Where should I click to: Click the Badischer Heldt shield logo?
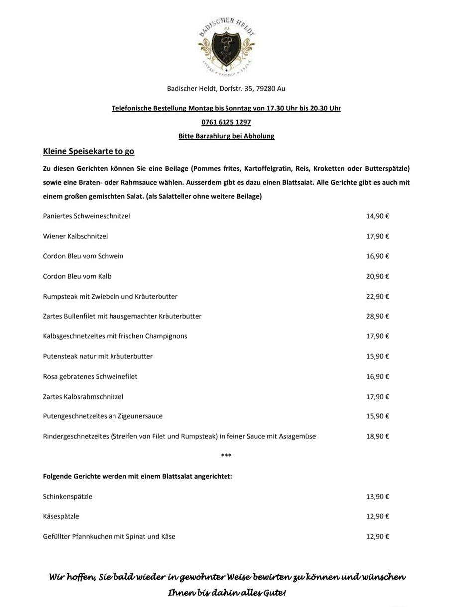pos(226,48)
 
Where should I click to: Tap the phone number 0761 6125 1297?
pos(226,122)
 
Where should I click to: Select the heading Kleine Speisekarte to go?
pos(89,151)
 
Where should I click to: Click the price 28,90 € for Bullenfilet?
pos(377,316)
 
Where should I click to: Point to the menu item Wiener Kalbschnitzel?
pos(75,236)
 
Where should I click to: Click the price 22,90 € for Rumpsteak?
pos(377,297)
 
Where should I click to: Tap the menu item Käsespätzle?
pos(61,516)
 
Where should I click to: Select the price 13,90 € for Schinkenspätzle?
pos(377,497)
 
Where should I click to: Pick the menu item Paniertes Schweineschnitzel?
pos(87,216)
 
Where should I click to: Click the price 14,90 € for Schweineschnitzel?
pos(377,216)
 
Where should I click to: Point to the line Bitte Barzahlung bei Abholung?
pos(226,136)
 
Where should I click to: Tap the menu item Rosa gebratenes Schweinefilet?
pos(90,377)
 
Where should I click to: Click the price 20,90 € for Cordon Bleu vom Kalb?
pos(377,276)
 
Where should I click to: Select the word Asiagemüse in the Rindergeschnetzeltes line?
pos(297,437)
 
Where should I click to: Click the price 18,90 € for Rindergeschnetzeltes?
pos(377,437)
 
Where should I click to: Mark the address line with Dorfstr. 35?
pos(226,89)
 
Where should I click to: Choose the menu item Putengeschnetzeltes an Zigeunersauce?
pos(103,416)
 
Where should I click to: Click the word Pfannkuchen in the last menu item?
pos(94,537)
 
